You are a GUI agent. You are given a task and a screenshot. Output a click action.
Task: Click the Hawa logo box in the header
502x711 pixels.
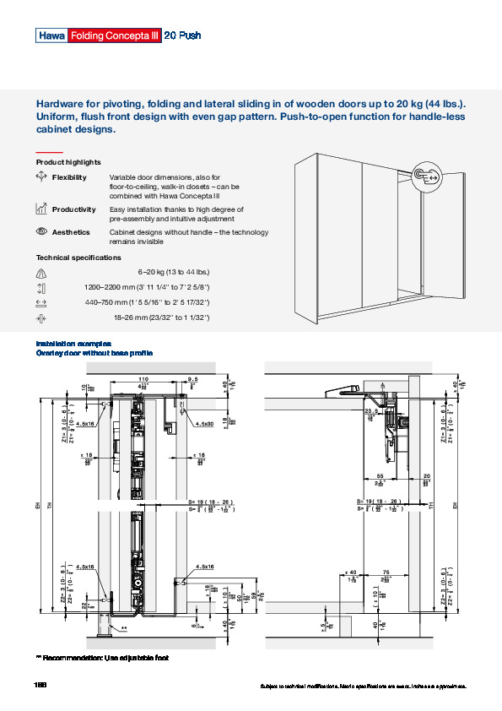[x=50, y=35]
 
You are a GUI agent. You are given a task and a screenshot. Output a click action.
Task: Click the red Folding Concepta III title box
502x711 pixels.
[x=114, y=35]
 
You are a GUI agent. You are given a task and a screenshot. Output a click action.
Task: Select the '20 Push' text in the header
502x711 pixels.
[x=181, y=35]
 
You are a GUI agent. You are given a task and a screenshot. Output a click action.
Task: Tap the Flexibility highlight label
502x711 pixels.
[x=69, y=177]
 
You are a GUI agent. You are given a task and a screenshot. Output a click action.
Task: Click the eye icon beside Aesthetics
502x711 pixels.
[x=41, y=231]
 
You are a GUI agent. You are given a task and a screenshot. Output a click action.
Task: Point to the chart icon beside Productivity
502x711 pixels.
[x=41, y=209]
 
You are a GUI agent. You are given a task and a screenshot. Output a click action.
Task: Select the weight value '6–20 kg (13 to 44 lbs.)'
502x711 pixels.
[x=173, y=272]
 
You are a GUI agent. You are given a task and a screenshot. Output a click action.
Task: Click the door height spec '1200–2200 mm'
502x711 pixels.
[x=147, y=287]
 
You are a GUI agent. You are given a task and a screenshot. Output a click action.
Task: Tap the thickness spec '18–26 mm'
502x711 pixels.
[x=160, y=318]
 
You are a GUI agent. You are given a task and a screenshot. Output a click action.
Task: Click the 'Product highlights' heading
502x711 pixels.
[x=68, y=162]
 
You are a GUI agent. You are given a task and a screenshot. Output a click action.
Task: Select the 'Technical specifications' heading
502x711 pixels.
[x=78, y=258]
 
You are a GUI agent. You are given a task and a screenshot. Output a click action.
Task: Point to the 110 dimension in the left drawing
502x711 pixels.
[x=143, y=378]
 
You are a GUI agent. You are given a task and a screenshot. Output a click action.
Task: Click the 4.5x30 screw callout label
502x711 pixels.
[x=203, y=424]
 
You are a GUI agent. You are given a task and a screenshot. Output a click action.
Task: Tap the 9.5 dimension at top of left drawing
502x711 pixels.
[x=193, y=378]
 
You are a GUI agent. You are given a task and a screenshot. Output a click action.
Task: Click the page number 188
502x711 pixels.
[x=40, y=684]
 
